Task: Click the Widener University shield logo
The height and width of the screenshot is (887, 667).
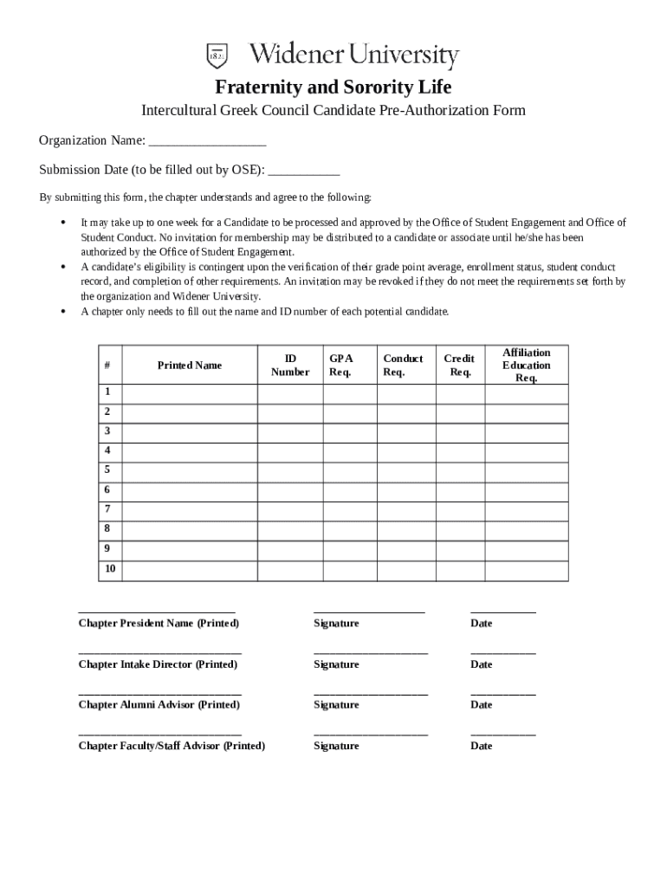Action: pos(217,55)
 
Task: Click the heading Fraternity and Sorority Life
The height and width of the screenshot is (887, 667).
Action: pos(333,87)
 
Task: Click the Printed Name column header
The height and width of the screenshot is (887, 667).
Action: pos(189,366)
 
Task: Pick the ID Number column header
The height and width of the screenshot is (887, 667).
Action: pos(290,366)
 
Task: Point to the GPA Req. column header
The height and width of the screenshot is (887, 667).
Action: pos(340,366)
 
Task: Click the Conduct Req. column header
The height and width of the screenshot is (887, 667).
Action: pos(403,366)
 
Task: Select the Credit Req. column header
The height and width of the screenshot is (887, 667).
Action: pos(459,366)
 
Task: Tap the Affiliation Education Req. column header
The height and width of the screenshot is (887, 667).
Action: pos(526,366)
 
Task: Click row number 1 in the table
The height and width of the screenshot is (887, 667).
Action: pos(107,392)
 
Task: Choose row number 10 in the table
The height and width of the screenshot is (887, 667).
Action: pos(110,569)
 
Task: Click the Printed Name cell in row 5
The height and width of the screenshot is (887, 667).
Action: pos(189,470)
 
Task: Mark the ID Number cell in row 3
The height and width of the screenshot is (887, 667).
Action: pos(290,431)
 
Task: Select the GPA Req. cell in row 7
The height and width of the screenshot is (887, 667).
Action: pos(350,509)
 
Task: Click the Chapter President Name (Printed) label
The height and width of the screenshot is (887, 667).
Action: pos(159,624)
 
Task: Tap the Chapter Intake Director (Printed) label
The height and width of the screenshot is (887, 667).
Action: pos(158,664)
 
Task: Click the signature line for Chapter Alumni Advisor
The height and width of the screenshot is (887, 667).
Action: pos(370,693)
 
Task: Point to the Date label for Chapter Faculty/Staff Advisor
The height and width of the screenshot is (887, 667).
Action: pos(481,746)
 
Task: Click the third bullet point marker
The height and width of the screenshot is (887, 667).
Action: pos(64,312)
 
